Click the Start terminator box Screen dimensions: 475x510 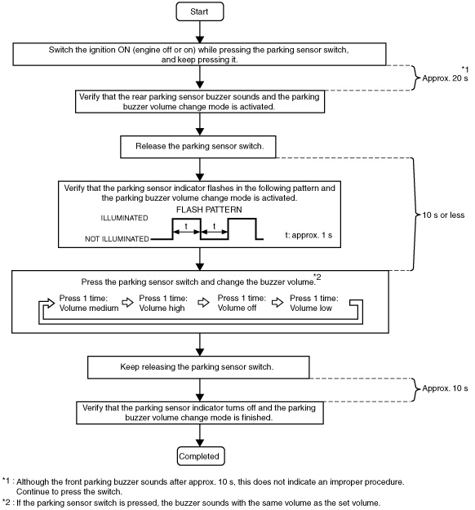tap(200, 11)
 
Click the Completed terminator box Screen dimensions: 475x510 tap(201, 456)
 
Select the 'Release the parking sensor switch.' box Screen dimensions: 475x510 tap(198, 147)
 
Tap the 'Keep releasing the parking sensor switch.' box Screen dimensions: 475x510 tap(198, 367)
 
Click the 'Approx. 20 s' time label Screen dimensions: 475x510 tap(445, 78)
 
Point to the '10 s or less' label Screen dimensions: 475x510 tap(443, 215)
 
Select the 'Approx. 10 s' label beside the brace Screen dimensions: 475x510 tap(445, 388)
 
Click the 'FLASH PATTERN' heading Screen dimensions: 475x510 tap(209, 210)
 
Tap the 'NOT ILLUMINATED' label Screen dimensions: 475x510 tap(117, 239)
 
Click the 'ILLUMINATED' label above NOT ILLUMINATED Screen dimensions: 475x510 tap(124, 218)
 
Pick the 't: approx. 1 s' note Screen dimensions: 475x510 tap(309, 235)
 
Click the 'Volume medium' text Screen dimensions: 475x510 tap(89, 308)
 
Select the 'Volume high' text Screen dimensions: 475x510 tap(162, 308)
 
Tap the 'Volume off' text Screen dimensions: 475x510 tap(237, 308)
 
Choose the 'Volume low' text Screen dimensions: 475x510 tap(311, 308)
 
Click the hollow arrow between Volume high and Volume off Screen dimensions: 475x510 tap(204, 303)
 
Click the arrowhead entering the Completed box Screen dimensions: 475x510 tap(200, 443)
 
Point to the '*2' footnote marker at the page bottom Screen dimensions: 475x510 tap(6, 502)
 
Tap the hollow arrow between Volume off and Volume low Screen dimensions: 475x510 tap(277, 303)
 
